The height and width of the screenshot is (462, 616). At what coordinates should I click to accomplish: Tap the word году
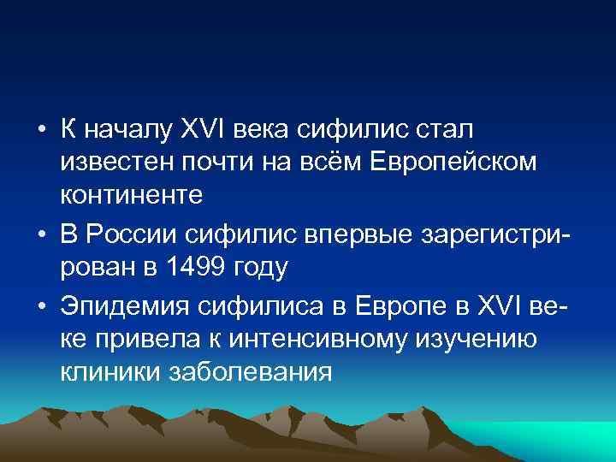coord(263,267)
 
